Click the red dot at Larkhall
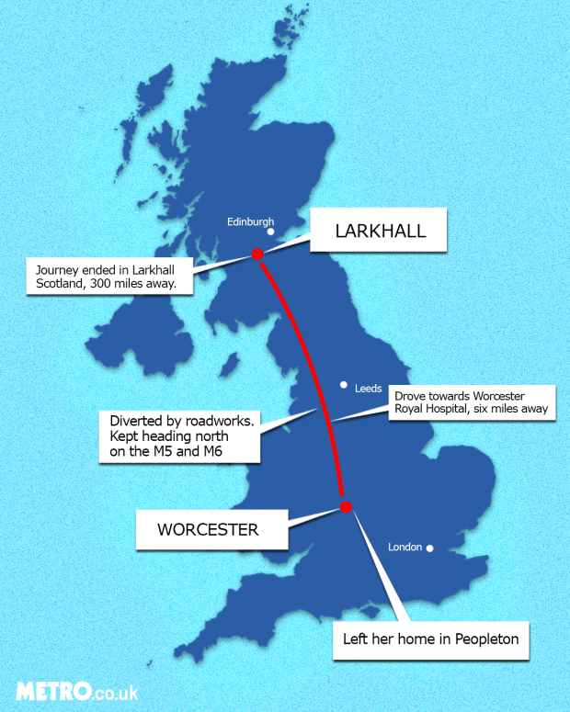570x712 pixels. coord(257,254)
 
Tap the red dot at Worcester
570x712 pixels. coord(346,506)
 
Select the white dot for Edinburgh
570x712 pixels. coord(270,232)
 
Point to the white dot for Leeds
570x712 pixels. coord(344,385)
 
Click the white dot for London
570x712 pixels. coord(428,549)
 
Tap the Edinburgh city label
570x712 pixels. coord(251,221)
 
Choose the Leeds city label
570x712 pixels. coord(369,390)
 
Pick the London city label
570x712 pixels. coord(405,548)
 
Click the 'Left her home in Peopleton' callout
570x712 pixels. coord(431,639)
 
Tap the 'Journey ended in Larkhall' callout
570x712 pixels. coord(109,277)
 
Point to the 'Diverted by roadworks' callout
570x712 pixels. coord(178,435)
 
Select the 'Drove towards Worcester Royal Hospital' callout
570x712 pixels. coord(472,402)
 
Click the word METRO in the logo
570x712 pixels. coord(52,691)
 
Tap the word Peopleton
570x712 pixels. coord(487,639)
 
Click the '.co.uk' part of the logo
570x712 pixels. coord(115,693)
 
